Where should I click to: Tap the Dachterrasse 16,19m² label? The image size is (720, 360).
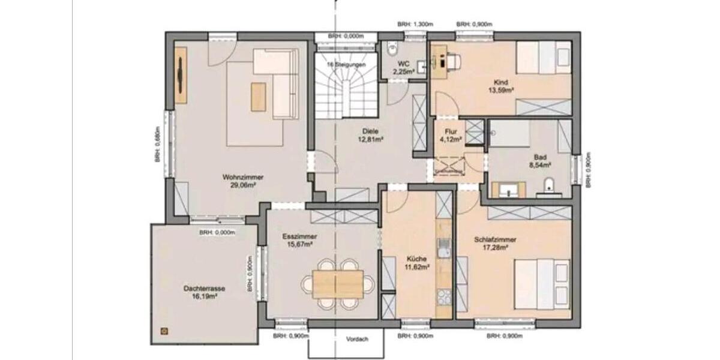205,292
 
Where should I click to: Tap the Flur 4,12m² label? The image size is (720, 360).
451,136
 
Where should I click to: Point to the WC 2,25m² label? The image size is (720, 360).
404,67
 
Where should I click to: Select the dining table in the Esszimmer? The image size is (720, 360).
338,282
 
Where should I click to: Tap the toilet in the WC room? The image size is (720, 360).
393,46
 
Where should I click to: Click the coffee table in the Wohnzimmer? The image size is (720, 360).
258,96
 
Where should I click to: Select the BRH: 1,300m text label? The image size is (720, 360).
415,25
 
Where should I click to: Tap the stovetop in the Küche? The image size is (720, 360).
443,296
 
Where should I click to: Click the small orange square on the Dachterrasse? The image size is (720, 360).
163,330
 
